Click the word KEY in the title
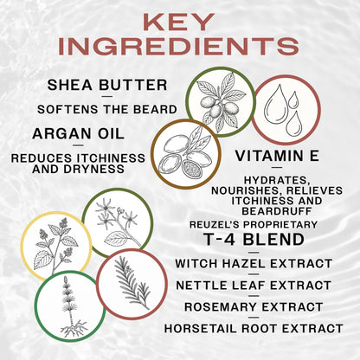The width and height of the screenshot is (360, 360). tap(180, 22)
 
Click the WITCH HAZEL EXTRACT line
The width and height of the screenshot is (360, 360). tap(254, 263)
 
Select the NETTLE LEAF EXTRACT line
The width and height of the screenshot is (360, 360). tap(253, 284)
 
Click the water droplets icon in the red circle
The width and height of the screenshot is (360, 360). tap(286, 110)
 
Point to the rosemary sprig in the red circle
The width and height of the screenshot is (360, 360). tap(132, 284)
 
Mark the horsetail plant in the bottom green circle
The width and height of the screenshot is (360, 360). tap(70, 306)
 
